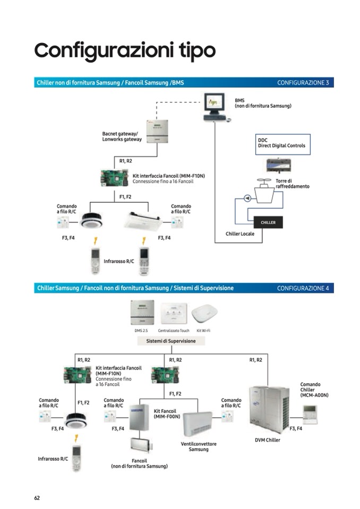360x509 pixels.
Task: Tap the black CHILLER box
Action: [268, 222]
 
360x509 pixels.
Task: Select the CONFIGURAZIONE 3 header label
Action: [303, 83]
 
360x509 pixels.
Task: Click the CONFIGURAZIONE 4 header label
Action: [303, 288]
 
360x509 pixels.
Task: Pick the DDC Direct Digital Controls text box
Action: [281, 142]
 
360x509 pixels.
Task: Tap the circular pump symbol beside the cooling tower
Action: [246, 198]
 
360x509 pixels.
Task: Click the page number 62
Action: [37, 497]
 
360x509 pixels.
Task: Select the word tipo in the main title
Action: [194, 50]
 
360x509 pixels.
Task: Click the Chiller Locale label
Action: [240, 234]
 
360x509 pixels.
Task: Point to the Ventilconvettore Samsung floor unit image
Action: [198, 424]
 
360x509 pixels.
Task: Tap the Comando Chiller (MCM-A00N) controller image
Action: [309, 413]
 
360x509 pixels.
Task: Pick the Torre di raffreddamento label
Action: [292, 184]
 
